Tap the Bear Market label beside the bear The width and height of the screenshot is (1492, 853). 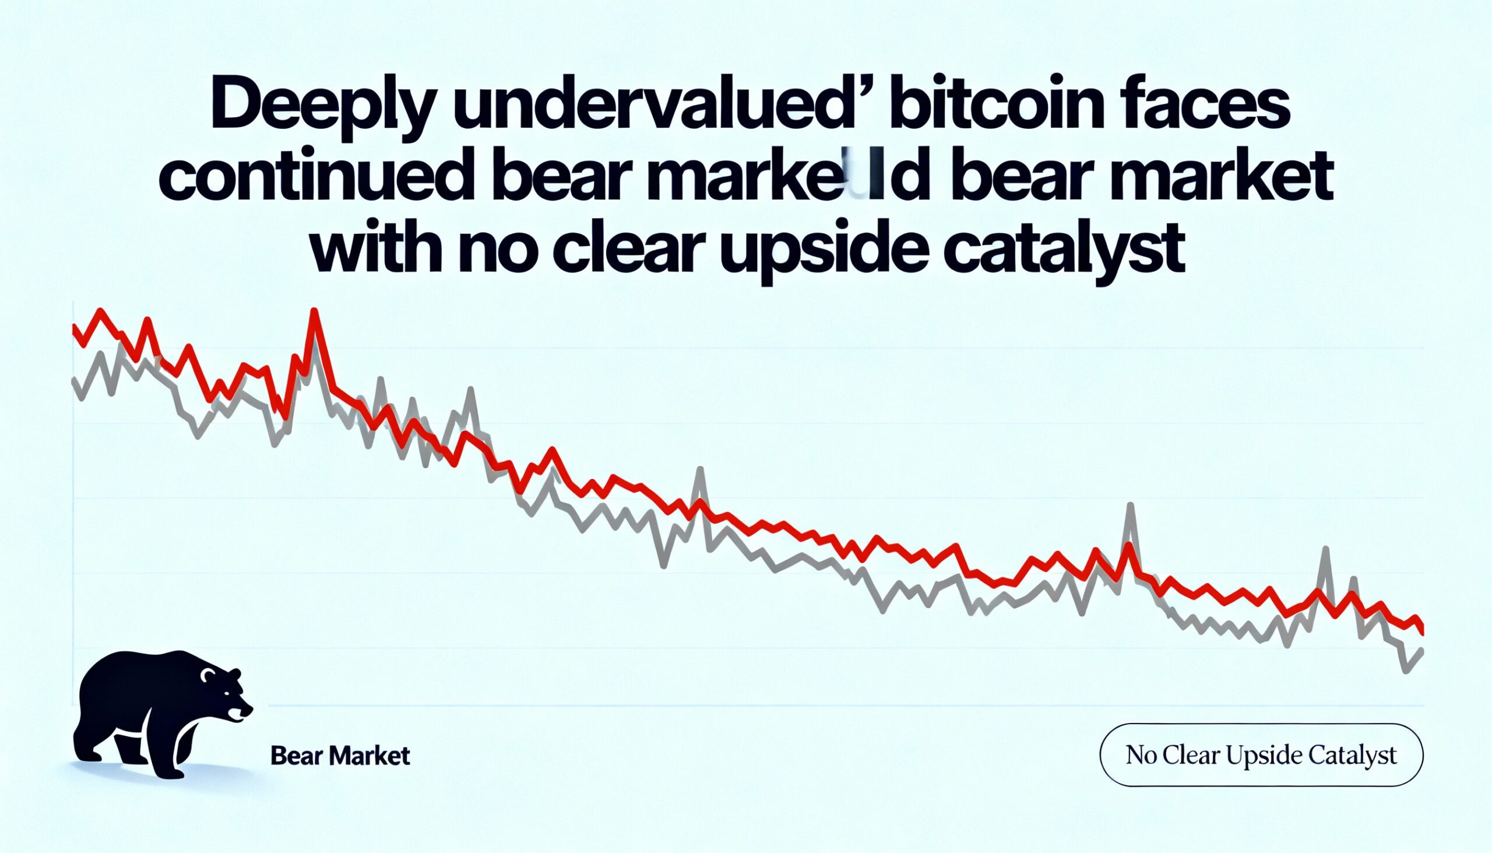coord(340,756)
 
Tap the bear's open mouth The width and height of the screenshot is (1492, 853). coord(237,715)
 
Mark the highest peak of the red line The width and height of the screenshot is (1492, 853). coord(316,312)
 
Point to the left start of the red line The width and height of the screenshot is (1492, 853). coord(73,327)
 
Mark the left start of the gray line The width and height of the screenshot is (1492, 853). coord(73,381)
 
